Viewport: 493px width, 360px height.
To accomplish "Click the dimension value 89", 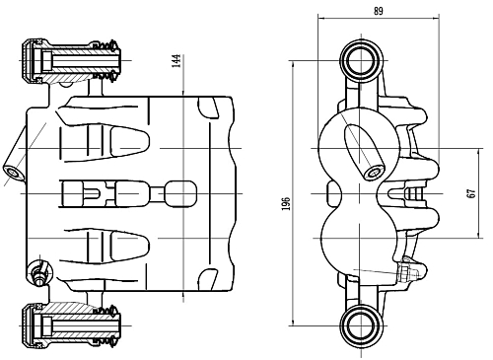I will click(379, 10).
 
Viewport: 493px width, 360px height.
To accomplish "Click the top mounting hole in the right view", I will click(359, 61).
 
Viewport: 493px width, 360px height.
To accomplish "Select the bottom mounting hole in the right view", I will click(359, 322).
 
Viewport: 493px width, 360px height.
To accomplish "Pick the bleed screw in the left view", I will click(39, 272).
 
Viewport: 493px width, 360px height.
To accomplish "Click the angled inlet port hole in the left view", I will click(14, 174).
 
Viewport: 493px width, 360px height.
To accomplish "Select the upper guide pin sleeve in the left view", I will click(74, 62).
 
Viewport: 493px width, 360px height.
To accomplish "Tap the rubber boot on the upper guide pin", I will click(105, 61).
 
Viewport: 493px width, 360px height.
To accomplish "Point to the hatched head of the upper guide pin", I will click(35, 62).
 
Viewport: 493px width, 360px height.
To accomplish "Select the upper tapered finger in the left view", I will click(123, 138).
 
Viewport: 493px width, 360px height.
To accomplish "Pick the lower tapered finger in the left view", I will click(123, 246).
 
